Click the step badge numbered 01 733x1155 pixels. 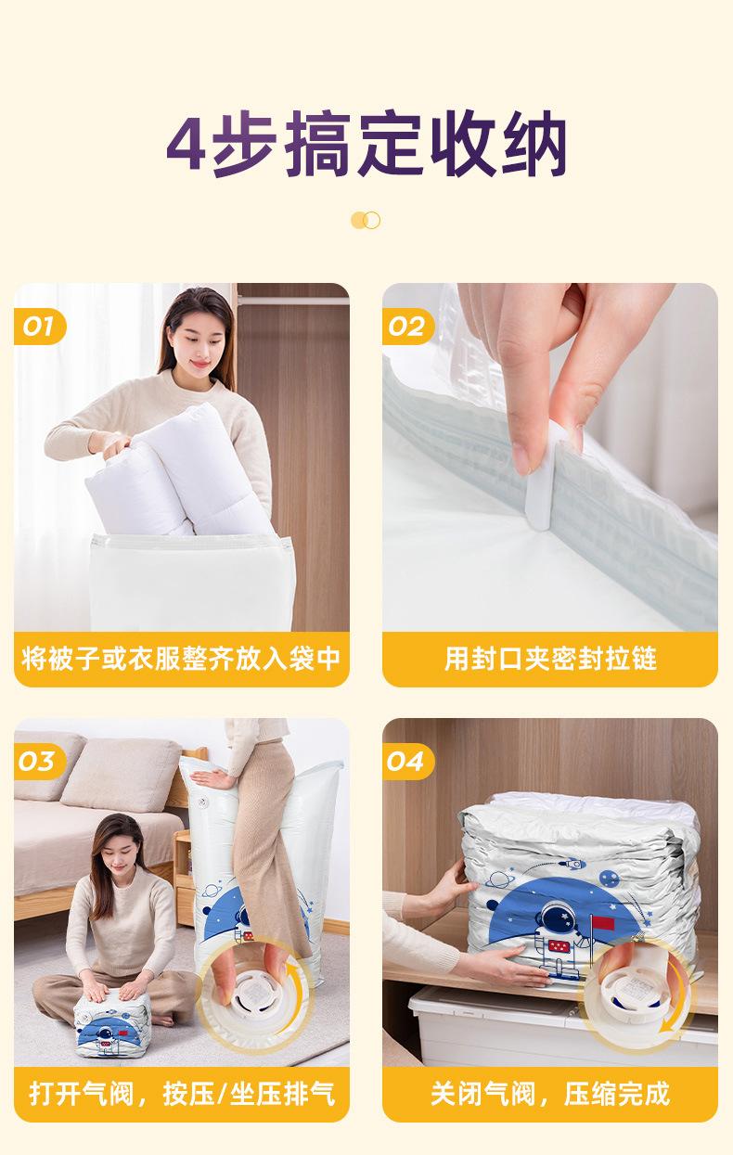click(x=40, y=327)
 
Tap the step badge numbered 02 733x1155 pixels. click(x=407, y=327)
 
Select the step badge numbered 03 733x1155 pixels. click(x=40, y=762)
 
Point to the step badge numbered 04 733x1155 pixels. click(x=407, y=762)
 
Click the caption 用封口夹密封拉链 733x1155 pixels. click(x=550, y=659)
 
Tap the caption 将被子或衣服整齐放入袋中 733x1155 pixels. click(x=181, y=659)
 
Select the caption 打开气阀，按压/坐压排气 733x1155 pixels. click(x=182, y=1094)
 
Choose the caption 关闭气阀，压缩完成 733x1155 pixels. click(x=550, y=1094)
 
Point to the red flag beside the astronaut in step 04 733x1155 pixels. click(x=602, y=923)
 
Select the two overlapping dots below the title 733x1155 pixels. click(x=366, y=220)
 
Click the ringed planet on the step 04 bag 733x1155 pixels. click(x=497, y=879)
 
